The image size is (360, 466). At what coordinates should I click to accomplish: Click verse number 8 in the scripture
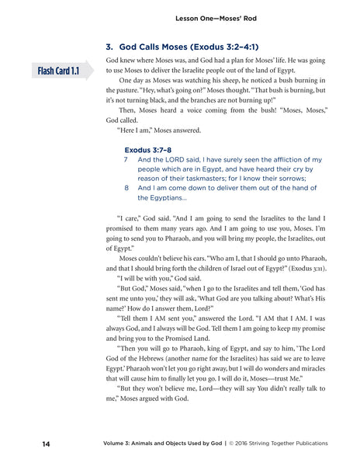click(x=126, y=187)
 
